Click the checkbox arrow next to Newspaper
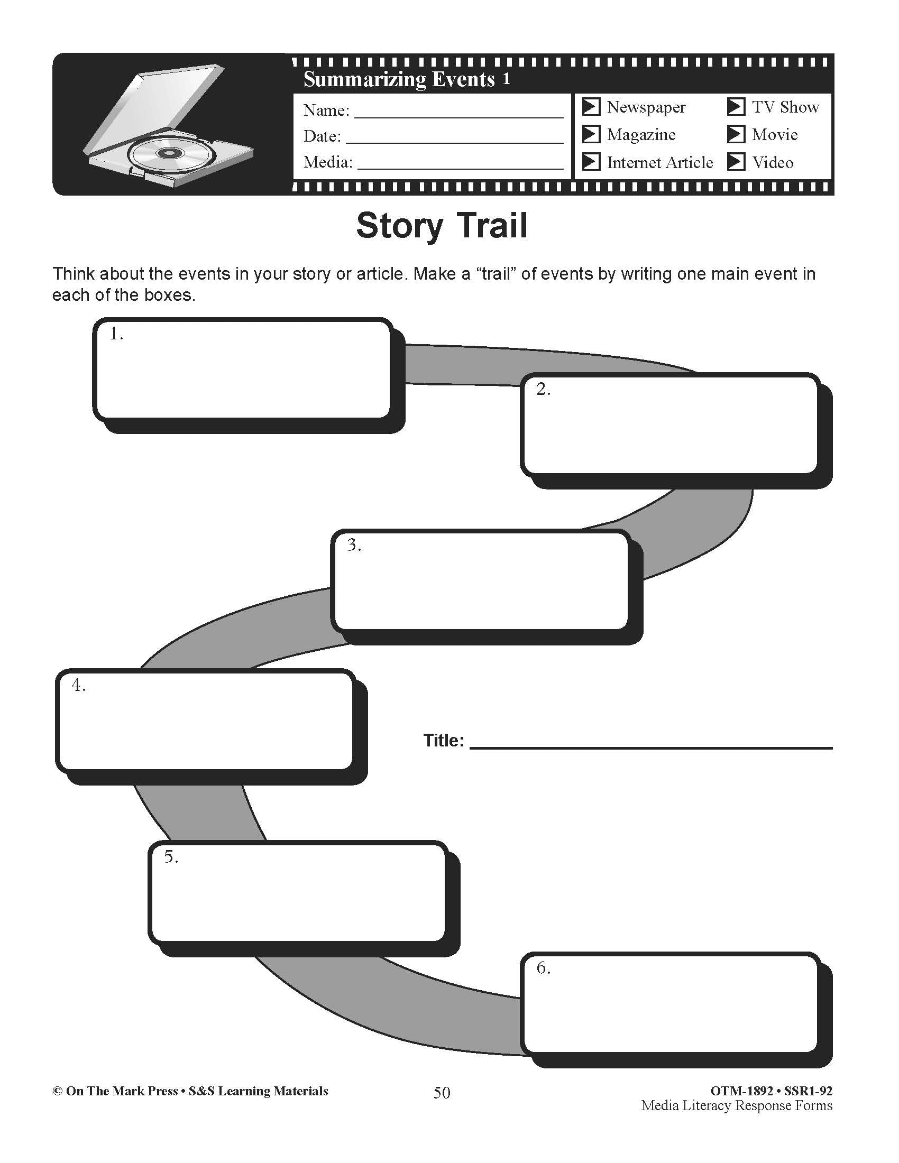(591, 107)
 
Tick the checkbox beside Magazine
(591, 134)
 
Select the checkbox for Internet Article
(591, 162)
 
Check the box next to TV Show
(736, 107)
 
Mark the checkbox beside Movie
(736, 134)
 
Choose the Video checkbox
(736, 162)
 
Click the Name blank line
(458, 113)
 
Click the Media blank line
(460, 164)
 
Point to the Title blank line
(651, 743)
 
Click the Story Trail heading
(442, 226)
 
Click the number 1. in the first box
(116, 334)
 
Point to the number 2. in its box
(543, 389)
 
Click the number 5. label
(171, 857)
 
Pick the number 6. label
(543, 967)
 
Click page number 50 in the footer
(442, 1093)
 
